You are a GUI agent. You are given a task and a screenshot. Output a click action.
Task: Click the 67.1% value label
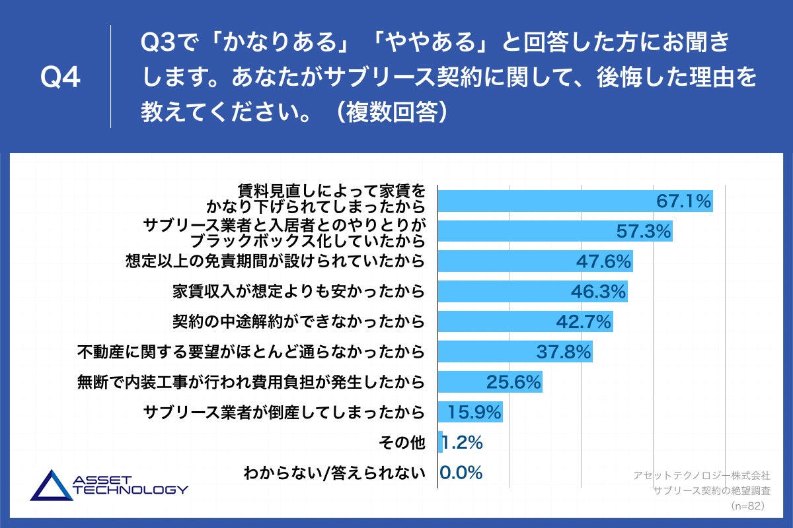point(683,201)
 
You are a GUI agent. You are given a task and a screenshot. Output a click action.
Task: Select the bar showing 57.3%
point(555,231)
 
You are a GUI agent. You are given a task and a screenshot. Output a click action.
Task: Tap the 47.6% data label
point(603,261)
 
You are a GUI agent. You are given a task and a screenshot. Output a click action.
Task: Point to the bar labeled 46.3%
point(532,291)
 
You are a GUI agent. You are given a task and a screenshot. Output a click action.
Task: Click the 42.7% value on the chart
point(584,321)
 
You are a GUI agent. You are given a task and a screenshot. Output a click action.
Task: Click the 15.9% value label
point(474,412)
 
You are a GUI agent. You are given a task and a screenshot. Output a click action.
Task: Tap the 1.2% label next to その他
point(462,442)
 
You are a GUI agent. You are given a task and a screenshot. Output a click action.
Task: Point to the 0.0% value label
point(461,473)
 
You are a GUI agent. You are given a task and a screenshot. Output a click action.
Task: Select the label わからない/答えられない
point(334,473)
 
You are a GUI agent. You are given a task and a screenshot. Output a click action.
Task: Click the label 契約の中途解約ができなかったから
point(297,322)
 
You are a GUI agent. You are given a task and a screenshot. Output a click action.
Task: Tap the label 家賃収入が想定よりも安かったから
point(297,292)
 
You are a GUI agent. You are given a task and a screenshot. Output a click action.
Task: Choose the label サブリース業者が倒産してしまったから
point(283,413)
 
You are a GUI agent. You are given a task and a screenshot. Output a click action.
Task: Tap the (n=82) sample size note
point(747,506)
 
